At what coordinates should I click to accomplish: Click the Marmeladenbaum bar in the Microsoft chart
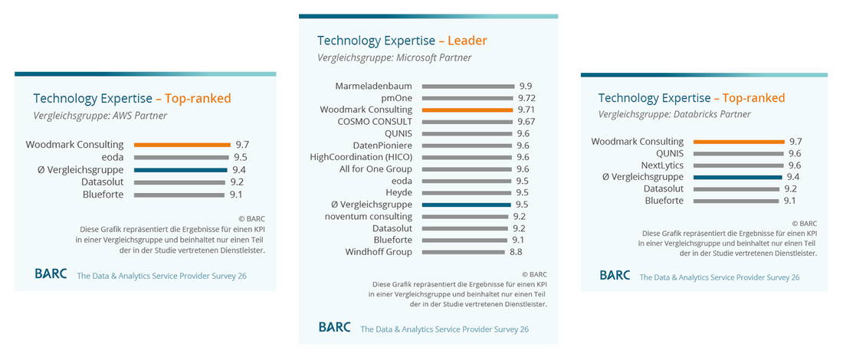467,87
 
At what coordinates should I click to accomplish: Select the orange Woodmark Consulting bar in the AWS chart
182,144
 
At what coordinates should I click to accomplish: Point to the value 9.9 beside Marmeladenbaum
525,87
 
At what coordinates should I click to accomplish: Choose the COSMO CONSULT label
375,122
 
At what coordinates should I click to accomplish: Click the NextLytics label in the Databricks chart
662,165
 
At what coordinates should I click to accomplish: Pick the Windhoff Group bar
464,252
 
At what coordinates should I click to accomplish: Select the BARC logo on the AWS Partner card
51,273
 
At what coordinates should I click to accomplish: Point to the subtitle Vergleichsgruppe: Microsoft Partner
395,57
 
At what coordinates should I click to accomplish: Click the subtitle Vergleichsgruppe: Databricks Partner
674,114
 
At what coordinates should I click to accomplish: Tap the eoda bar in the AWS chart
181,157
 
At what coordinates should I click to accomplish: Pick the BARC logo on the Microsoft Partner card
335,327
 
